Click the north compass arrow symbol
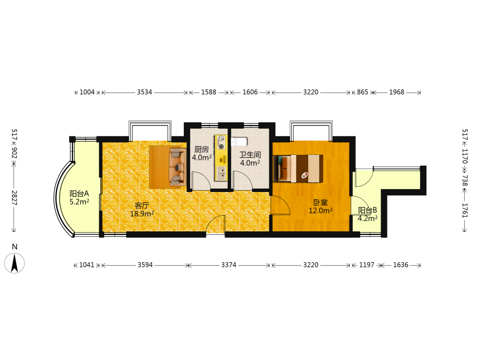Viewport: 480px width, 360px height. tap(14, 263)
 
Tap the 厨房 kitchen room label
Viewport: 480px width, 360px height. tap(202, 149)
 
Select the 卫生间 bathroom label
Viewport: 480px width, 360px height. tap(250, 155)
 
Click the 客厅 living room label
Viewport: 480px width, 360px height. tap(142, 205)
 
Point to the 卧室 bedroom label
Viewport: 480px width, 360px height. tap(321, 203)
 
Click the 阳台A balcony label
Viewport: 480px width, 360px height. tap(79, 193)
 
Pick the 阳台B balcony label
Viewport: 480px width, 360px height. tap(368, 210)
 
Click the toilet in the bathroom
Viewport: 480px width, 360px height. tap(239, 142)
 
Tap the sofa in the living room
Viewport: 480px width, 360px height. tap(178, 167)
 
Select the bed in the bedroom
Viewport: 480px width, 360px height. tap(298, 168)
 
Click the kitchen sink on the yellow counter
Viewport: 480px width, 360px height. tap(221, 173)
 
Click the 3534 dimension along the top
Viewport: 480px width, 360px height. tap(144, 92)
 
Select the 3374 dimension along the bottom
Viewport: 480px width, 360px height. tap(228, 265)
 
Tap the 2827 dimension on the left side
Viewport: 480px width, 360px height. tap(14, 198)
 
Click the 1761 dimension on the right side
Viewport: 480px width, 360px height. tap(465, 210)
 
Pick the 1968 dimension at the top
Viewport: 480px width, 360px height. tap(397, 92)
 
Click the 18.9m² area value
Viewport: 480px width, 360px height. tap(142, 214)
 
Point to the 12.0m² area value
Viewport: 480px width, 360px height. tap(321, 211)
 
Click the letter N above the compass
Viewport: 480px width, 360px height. tap(14, 247)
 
